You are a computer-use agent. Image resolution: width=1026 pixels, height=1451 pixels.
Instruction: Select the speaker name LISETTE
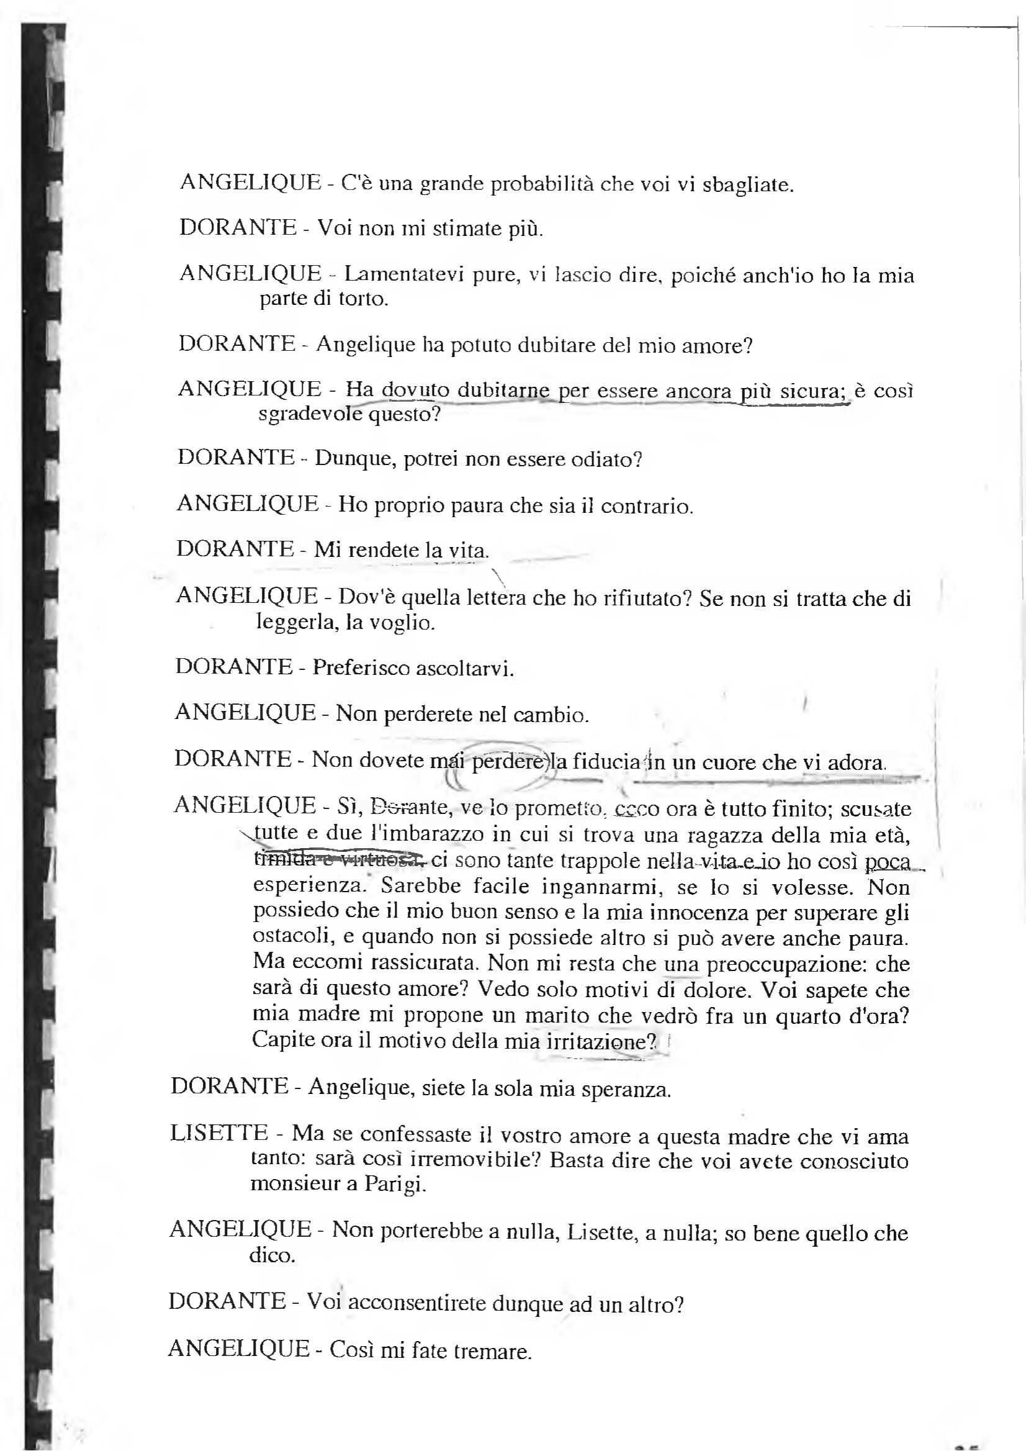click(219, 1132)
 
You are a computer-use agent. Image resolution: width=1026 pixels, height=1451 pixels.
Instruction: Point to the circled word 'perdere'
click(506, 762)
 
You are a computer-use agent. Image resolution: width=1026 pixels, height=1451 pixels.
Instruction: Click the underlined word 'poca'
click(887, 861)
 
